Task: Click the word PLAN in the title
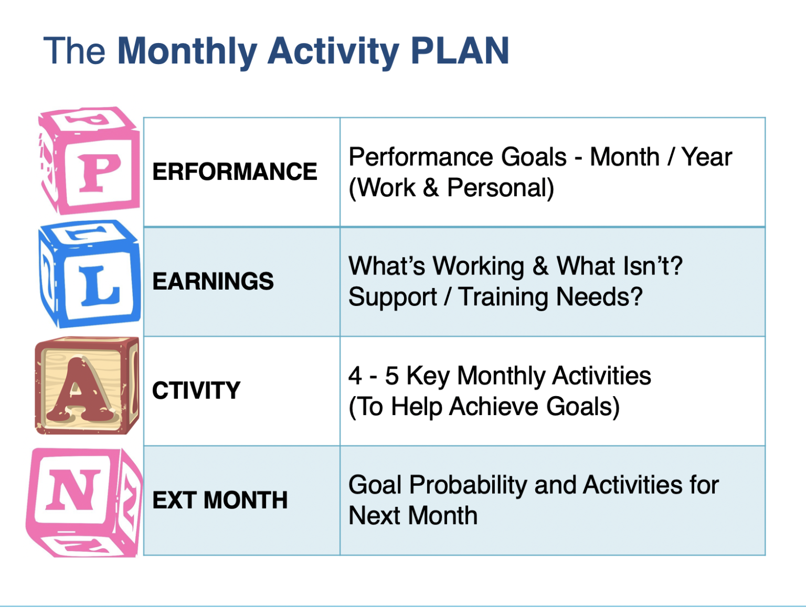pyautogui.click(x=460, y=51)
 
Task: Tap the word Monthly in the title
pyautogui.click(x=187, y=53)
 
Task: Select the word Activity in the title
pyautogui.click(x=333, y=53)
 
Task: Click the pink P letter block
pyautogui.click(x=89, y=160)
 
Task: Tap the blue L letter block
pyautogui.click(x=90, y=274)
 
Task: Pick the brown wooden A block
pyautogui.click(x=87, y=386)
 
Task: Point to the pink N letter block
pyautogui.click(x=84, y=502)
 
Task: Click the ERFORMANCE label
pyautogui.click(x=235, y=172)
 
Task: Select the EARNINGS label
pyautogui.click(x=213, y=281)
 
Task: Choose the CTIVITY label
pyautogui.click(x=196, y=390)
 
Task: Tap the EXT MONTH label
pyautogui.click(x=220, y=500)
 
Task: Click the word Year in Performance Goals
pyautogui.click(x=707, y=157)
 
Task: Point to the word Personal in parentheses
pyautogui.click(x=501, y=188)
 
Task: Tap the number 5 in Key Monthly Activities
pyautogui.click(x=392, y=376)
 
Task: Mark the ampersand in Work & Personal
pyautogui.click(x=431, y=188)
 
